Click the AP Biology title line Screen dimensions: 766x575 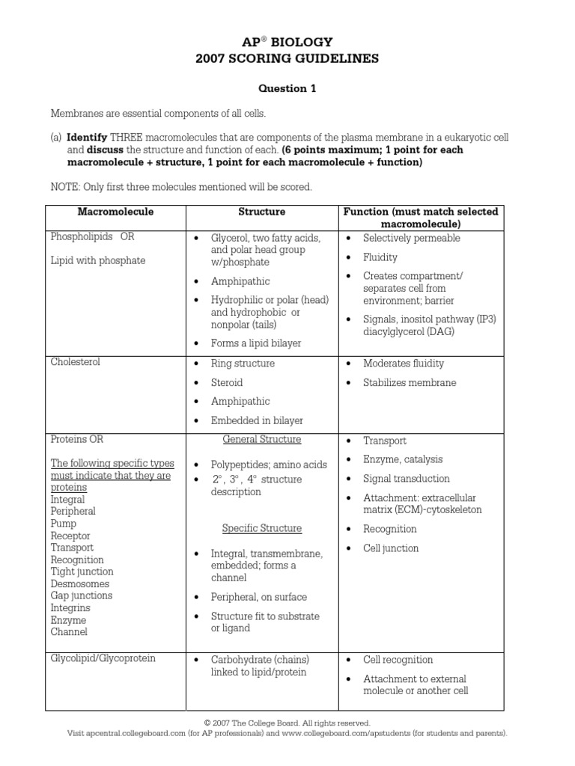(287, 42)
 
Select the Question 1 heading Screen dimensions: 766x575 (287, 88)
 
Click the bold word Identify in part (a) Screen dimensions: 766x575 (87, 138)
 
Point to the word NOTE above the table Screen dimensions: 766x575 (64, 186)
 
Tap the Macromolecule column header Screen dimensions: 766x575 (115, 212)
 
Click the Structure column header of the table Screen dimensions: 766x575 (261, 212)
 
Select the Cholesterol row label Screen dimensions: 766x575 (75, 362)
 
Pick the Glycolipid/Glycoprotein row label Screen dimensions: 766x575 (103, 658)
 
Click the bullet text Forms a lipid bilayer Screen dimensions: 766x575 (255, 343)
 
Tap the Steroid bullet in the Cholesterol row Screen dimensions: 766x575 (227, 382)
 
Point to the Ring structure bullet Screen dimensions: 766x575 (243, 364)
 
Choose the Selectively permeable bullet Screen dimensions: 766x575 (411, 238)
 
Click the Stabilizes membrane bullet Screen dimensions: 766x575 (409, 383)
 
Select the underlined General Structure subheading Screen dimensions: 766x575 (261, 439)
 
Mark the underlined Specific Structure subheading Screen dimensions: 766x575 (261, 528)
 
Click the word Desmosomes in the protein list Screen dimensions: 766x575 (79, 583)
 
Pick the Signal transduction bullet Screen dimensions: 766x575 (406, 479)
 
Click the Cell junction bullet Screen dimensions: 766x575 (391, 548)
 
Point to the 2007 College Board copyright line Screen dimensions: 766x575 (287, 723)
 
